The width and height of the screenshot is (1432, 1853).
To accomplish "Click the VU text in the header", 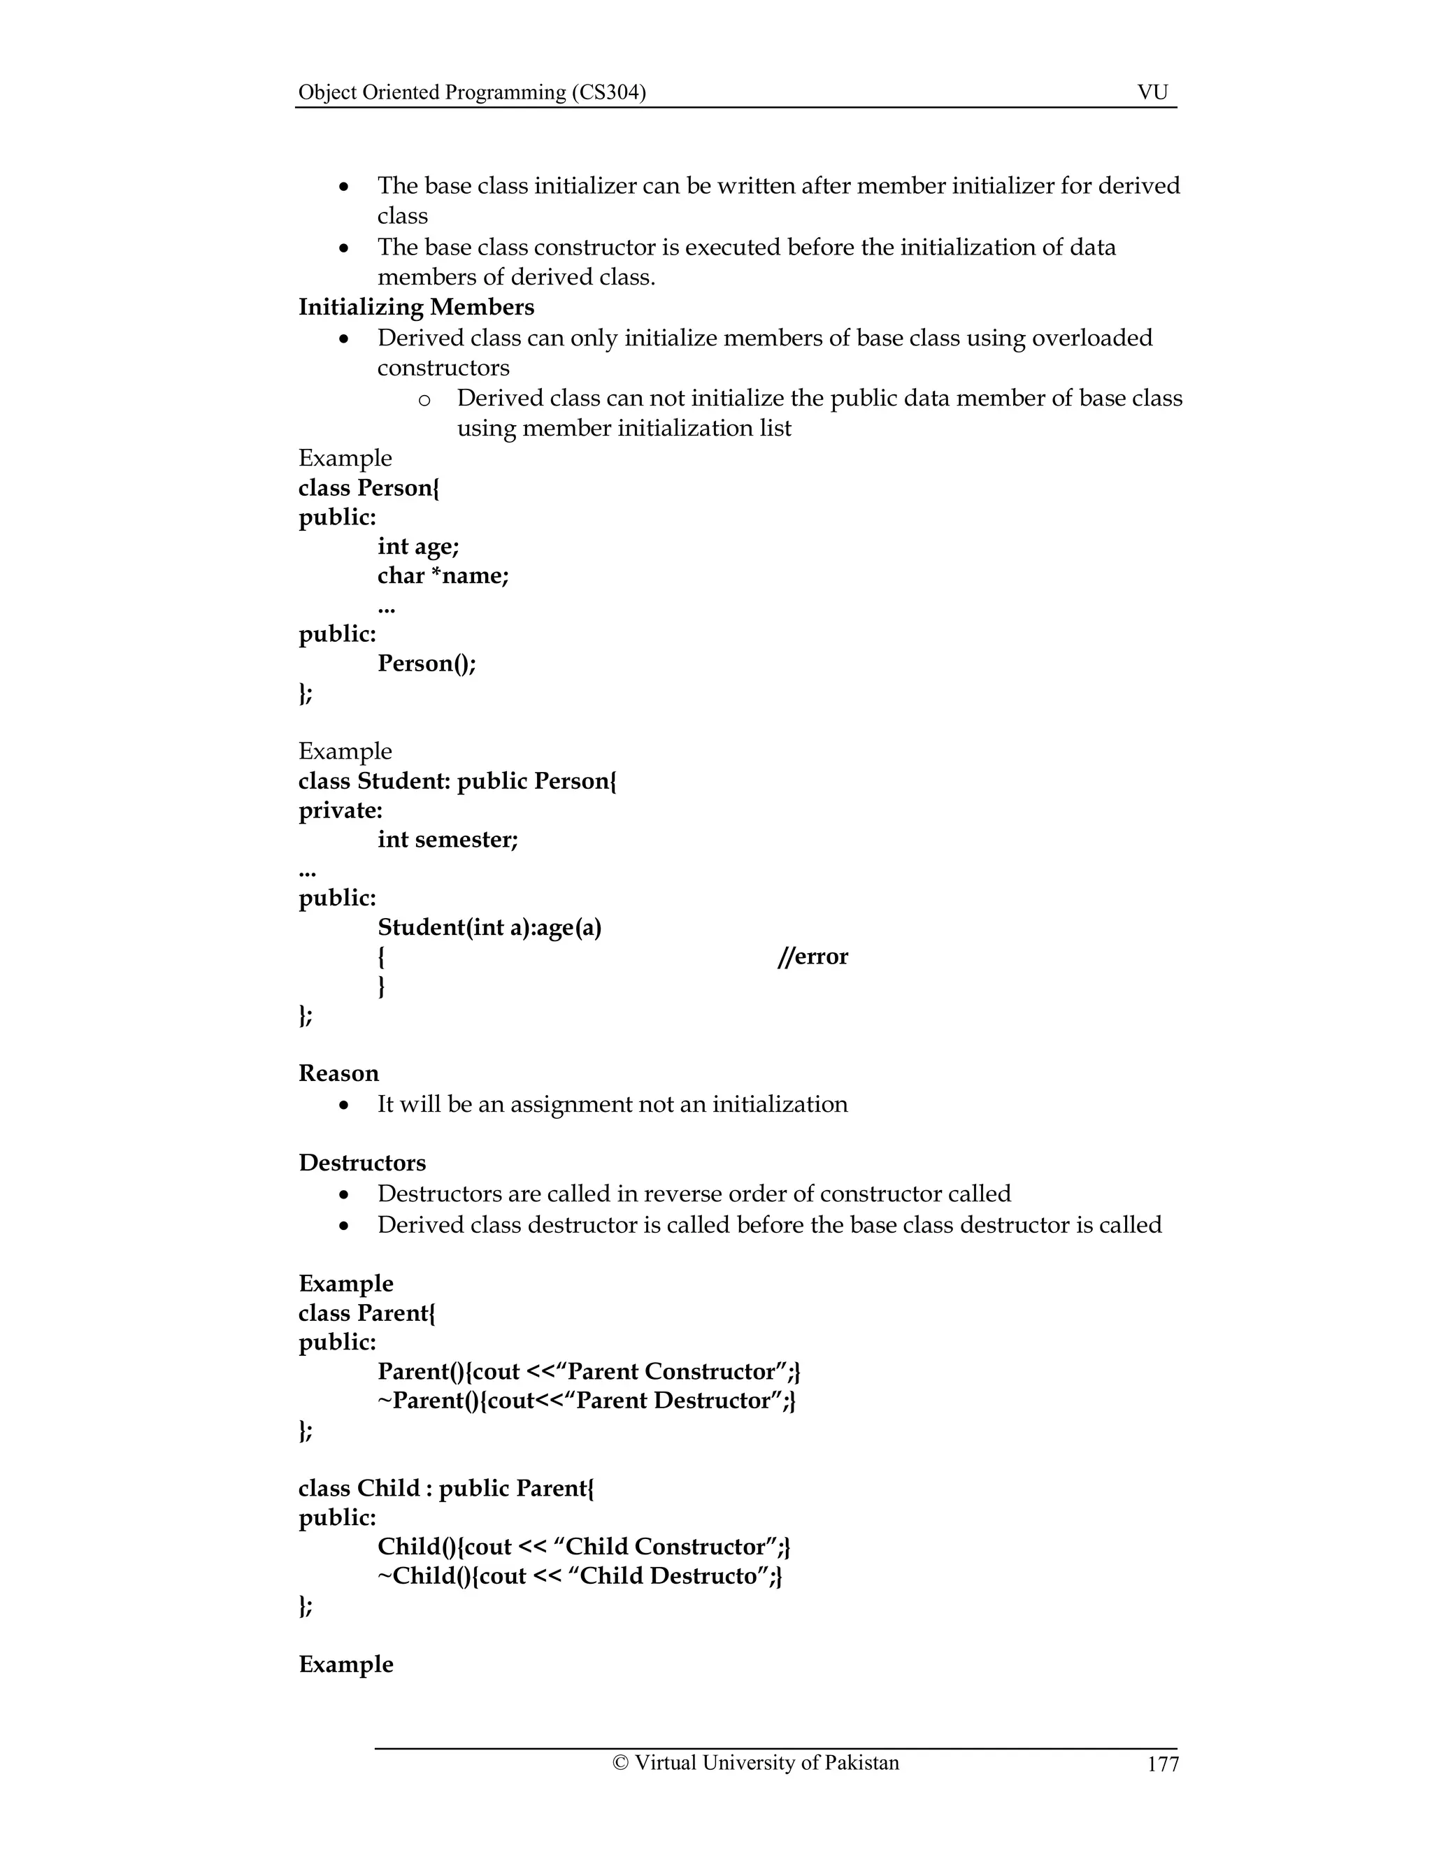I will [x=1152, y=92].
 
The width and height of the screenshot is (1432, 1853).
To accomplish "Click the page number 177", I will [x=1162, y=1764].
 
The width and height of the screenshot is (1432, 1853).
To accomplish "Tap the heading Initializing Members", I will [x=416, y=307].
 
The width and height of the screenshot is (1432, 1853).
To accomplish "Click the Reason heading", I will [x=338, y=1073].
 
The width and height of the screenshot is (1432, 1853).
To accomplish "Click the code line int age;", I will [x=418, y=546].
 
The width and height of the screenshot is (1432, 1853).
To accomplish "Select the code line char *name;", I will [x=443, y=576].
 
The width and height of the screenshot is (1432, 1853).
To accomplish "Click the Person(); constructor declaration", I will [x=427, y=664].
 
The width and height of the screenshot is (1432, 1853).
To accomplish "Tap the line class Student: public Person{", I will [x=457, y=780].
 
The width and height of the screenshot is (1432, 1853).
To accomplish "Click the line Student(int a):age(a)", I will [x=489, y=927].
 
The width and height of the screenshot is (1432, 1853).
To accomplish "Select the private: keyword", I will [x=341, y=810].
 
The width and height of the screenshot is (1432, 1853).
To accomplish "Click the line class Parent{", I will [x=366, y=1312].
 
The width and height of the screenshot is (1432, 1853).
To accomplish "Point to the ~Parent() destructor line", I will [x=586, y=1400].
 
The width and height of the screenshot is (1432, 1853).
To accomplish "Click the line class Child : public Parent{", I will [x=446, y=1487].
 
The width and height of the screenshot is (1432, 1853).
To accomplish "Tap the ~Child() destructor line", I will [x=580, y=1575].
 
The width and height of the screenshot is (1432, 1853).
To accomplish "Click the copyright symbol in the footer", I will [x=620, y=1763].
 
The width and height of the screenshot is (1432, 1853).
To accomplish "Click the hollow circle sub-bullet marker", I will [x=424, y=399].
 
